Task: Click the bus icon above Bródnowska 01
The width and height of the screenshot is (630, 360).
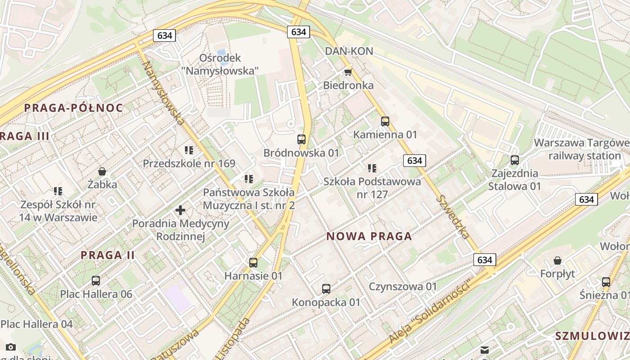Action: click(x=301, y=139)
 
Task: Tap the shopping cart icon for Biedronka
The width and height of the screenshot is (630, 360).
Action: click(x=348, y=72)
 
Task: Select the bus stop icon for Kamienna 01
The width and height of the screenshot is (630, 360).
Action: click(x=385, y=121)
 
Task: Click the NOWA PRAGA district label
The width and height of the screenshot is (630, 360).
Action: click(x=369, y=236)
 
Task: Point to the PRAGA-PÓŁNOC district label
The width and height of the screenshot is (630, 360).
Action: click(x=73, y=108)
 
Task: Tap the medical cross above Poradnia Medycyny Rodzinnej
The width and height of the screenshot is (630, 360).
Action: click(x=180, y=210)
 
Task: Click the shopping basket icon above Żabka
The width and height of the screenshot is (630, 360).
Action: click(x=103, y=171)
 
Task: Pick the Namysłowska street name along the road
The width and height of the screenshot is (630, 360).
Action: click(x=163, y=93)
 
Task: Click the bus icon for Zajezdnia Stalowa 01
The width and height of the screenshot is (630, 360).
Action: click(x=515, y=160)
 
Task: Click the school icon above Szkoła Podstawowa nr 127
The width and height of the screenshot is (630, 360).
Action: click(x=372, y=168)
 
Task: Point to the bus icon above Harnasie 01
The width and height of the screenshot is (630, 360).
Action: click(x=253, y=263)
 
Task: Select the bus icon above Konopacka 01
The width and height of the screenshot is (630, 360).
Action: click(x=326, y=289)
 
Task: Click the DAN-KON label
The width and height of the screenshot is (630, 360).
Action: click(x=349, y=51)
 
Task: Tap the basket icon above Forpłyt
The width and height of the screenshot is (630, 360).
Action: click(x=558, y=261)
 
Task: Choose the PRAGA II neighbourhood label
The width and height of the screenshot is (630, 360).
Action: click(x=108, y=255)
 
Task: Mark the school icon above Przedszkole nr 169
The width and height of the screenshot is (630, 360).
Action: click(x=189, y=150)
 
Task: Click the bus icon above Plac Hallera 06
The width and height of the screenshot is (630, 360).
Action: click(x=96, y=281)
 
